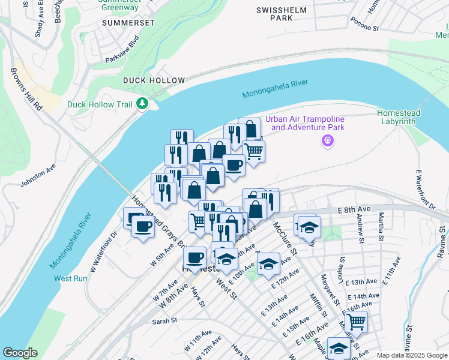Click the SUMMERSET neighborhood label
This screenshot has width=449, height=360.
pos(128,22)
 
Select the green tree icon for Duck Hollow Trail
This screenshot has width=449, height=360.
pos(142,104)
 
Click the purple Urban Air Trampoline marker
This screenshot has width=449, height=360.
pos(327,141)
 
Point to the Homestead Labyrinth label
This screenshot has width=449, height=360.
pos(399,117)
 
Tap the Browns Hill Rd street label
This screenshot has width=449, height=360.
pos(25,89)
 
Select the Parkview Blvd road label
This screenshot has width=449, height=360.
pos(122,50)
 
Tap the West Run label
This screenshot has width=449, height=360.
pos(71,278)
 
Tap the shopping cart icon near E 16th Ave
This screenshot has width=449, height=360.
pos(357,322)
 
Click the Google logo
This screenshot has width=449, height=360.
pos(20,353)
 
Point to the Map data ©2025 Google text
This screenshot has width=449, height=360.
pos(411,355)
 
